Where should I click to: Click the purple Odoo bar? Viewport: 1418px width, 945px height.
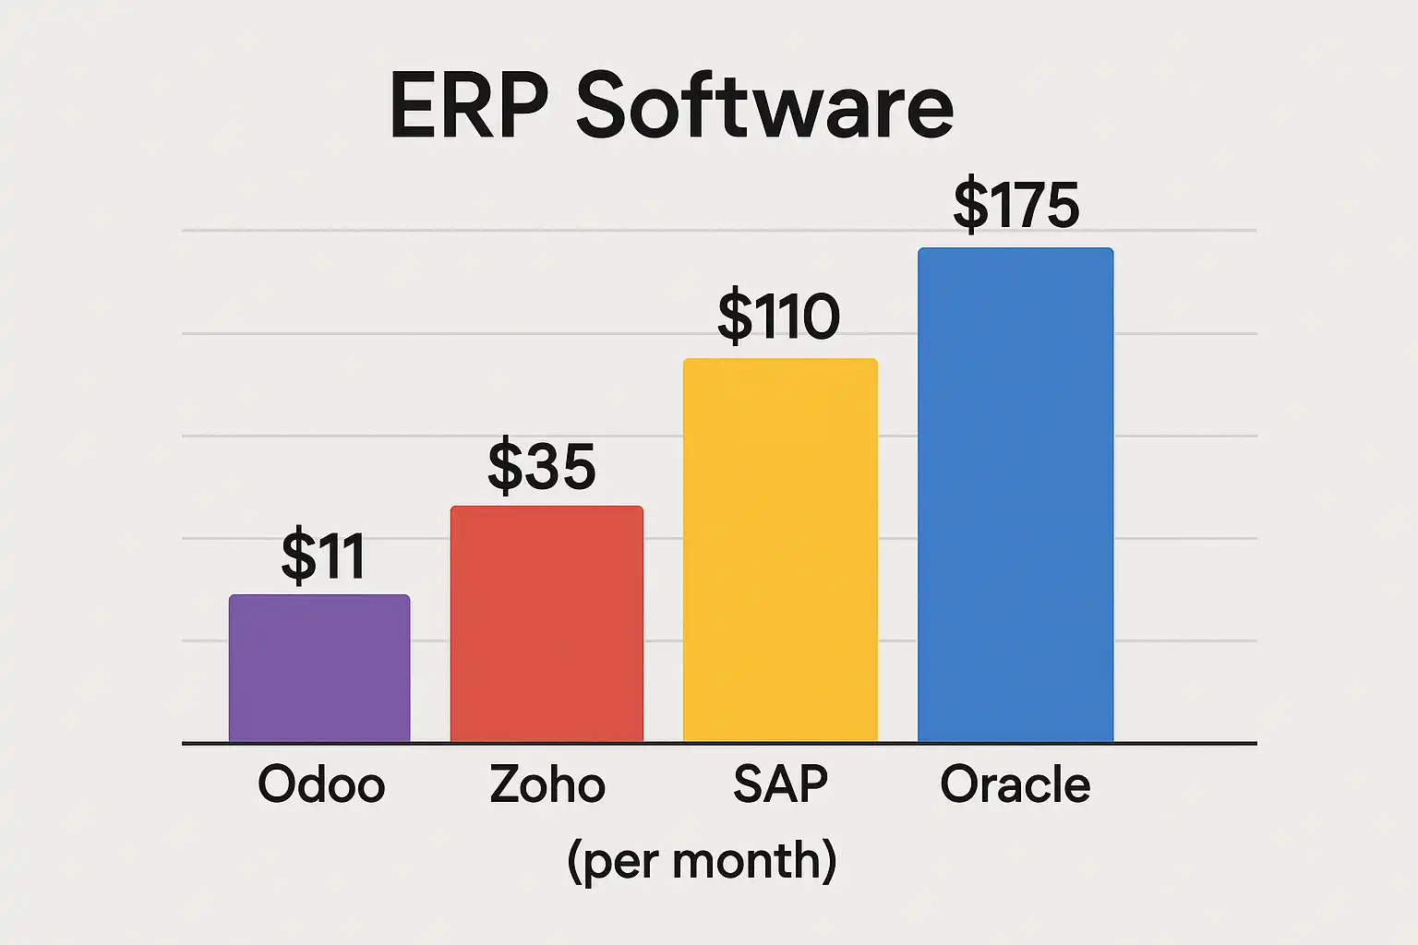pos(319,668)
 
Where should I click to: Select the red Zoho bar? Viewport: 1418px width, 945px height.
pos(547,624)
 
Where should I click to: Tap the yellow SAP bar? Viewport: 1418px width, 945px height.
pos(780,550)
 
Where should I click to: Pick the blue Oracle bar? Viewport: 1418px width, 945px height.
pos(1015,495)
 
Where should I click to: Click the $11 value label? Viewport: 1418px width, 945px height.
pos(323,556)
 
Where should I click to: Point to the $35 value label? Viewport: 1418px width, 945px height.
pos(542,466)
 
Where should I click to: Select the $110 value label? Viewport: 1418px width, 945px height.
pos(779,317)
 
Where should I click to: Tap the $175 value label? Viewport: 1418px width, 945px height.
pos(1016,205)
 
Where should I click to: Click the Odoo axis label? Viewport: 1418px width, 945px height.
pos(321,784)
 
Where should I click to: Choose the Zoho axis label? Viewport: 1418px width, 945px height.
pos(547,784)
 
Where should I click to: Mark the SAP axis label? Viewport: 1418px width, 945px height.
pos(780,784)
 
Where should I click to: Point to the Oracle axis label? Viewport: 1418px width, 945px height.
pos(1015,784)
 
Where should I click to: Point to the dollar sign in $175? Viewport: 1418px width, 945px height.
pos(970,205)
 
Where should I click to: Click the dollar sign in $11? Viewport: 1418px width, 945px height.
pos(298,556)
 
